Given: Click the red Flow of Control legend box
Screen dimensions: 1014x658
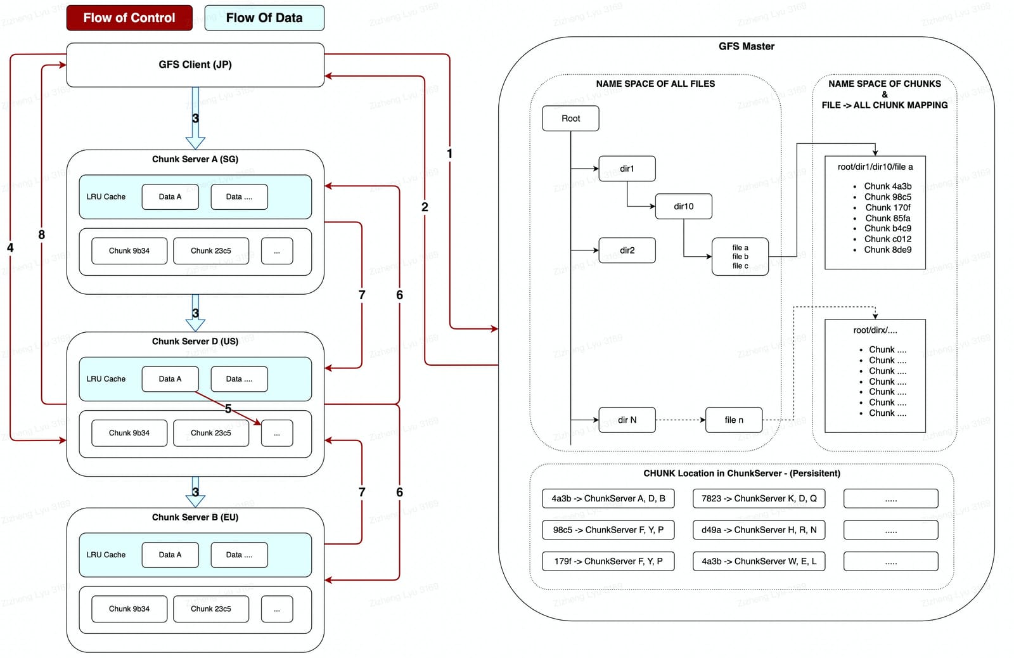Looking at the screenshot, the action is click(129, 18).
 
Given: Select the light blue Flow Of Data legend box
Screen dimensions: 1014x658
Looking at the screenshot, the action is click(264, 18).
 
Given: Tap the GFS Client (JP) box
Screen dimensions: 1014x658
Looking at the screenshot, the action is click(195, 65).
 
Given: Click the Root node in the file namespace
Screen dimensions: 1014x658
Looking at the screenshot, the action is click(570, 118).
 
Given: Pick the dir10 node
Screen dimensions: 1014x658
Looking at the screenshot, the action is click(684, 206).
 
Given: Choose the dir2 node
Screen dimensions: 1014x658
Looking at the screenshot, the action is click(627, 250).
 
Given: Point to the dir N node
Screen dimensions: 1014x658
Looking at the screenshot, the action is click(627, 420).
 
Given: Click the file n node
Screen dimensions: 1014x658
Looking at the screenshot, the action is click(734, 420).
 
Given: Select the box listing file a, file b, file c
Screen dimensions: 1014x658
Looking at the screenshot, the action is click(740, 256).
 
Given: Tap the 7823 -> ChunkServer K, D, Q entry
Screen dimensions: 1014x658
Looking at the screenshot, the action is click(759, 498).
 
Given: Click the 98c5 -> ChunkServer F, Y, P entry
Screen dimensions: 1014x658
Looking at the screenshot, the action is click(608, 530).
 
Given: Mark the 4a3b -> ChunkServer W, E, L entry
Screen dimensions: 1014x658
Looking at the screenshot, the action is click(759, 561).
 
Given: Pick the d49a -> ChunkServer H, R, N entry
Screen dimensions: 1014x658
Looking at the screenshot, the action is click(759, 530).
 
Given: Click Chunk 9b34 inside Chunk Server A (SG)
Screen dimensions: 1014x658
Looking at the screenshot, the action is click(129, 250).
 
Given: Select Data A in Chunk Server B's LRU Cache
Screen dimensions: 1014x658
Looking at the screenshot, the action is click(170, 555).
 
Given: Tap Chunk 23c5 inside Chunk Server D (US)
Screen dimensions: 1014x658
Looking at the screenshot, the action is click(211, 433).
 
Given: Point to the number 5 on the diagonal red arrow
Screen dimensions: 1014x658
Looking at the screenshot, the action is click(228, 409).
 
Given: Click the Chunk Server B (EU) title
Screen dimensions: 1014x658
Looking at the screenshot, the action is click(195, 517).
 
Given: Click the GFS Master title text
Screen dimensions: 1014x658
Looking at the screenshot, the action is click(747, 46).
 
